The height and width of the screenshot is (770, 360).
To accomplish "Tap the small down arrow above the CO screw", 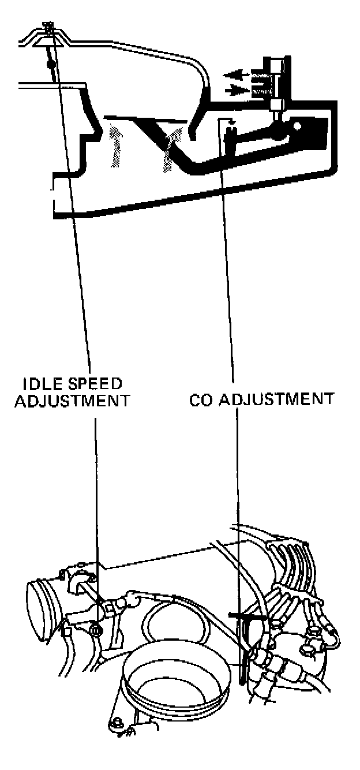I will pyautogui.click(x=231, y=123).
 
